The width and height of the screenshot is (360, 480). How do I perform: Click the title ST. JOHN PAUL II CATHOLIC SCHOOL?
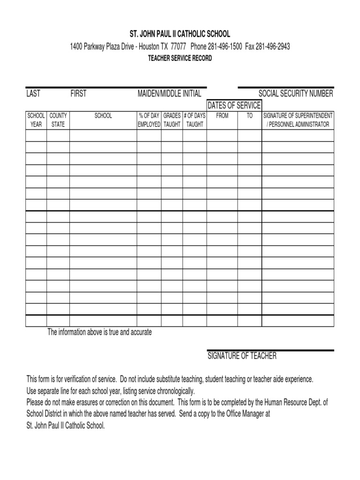180,34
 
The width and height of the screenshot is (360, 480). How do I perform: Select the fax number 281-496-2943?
273,46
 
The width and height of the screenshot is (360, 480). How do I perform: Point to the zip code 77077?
179,46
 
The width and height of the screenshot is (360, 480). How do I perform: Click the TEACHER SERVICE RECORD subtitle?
180,58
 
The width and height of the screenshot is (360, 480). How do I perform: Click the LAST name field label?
33,93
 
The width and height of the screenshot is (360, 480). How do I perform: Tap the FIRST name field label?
78,93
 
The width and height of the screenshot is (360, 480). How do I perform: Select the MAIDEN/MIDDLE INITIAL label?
169,93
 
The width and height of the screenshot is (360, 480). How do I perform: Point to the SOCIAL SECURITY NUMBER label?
296,93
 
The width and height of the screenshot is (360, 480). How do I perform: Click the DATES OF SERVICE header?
234,105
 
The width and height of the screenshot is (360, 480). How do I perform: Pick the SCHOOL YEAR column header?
36,120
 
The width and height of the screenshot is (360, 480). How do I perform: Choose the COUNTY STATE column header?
58,120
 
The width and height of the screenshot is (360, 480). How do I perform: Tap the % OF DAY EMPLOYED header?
149,120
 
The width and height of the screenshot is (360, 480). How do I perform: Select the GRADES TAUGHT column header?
172,120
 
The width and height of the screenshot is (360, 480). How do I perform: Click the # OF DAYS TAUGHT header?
195,120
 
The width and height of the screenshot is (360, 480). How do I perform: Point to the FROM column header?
222,115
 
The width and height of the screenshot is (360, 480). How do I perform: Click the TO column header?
249,115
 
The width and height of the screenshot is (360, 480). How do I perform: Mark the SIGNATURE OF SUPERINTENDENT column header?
298,120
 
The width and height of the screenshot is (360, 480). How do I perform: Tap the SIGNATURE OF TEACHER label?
242,356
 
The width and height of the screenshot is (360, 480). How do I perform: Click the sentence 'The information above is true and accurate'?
100,332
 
